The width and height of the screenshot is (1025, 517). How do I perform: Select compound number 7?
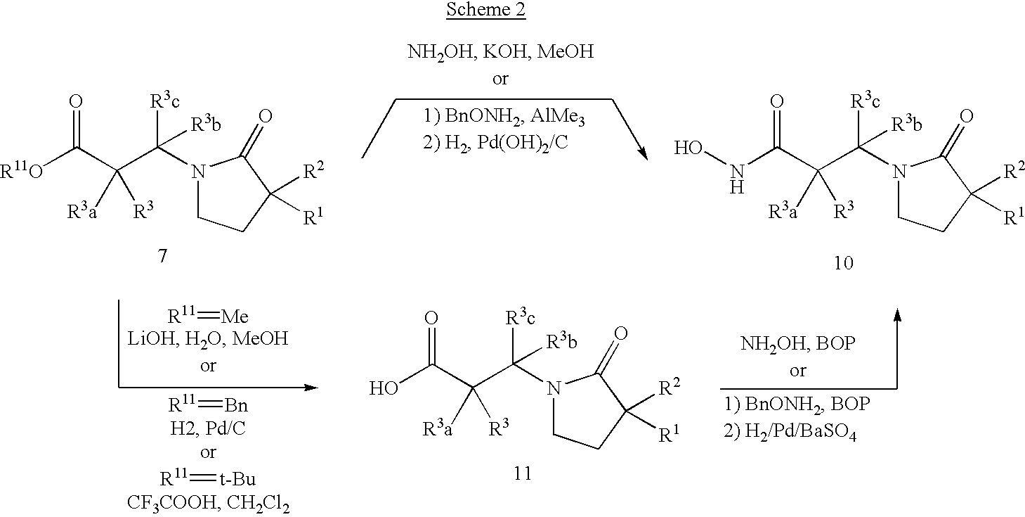(x=162, y=257)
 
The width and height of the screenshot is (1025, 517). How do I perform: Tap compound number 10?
(x=844, y=263)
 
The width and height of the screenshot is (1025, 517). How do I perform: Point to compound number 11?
(x=522, y=473)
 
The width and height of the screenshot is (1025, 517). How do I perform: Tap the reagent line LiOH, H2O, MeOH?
(x=209, y=339)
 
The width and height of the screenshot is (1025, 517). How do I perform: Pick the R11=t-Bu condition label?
(x=209, y=480)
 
